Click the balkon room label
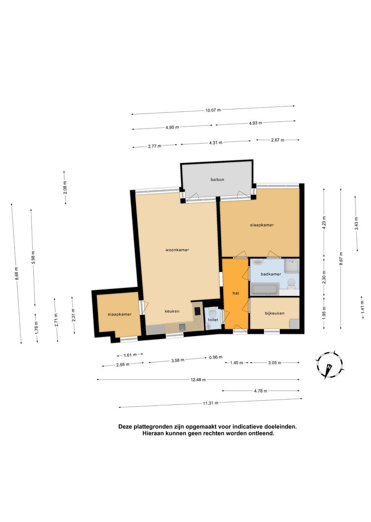(x=217, y=180)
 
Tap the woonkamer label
(x=177, y=250)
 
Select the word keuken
(x=172, y=311)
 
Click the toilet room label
(x=213, y=320)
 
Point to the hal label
(x=236, y=293)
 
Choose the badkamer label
(x=271, y=274)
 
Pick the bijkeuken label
(x=275, y=313)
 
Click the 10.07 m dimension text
(x=213, y=110)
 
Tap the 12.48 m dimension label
(x=198, y=380)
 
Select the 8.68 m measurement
(x=16, y=274)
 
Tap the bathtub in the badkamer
(x=265, y=289)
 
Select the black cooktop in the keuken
(x=197, y=311)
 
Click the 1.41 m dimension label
(x=362, y=307)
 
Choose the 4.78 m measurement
(x=260, y=391)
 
